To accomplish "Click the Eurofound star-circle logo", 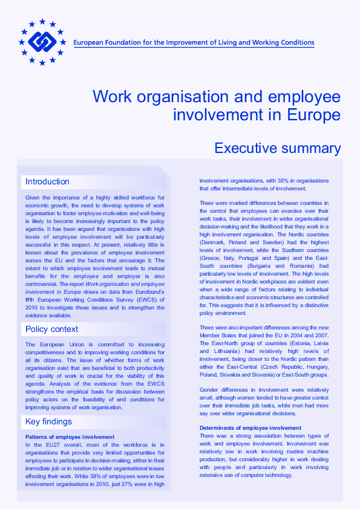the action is [x=42, y=42].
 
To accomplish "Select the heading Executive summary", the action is [x=278, y=148].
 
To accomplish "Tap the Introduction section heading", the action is [x=47, y=181].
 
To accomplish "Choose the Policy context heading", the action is [x=51, y=329].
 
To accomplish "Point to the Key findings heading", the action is [x=48, y=421].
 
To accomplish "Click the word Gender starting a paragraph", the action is [x=209, y=390].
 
